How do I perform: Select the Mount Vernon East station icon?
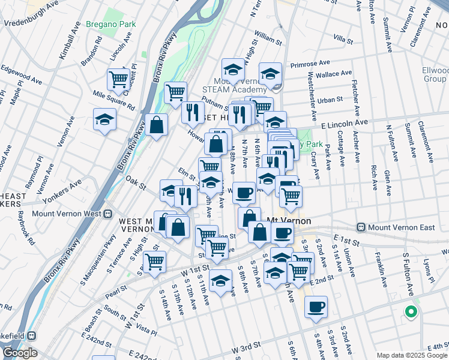(361, 227)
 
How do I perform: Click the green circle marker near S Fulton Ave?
(411, 311)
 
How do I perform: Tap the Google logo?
(19, 353)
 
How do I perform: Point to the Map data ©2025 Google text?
(411, 355)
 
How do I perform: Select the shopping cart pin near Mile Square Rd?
(118, 78)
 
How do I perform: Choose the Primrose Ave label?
(310, 63)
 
